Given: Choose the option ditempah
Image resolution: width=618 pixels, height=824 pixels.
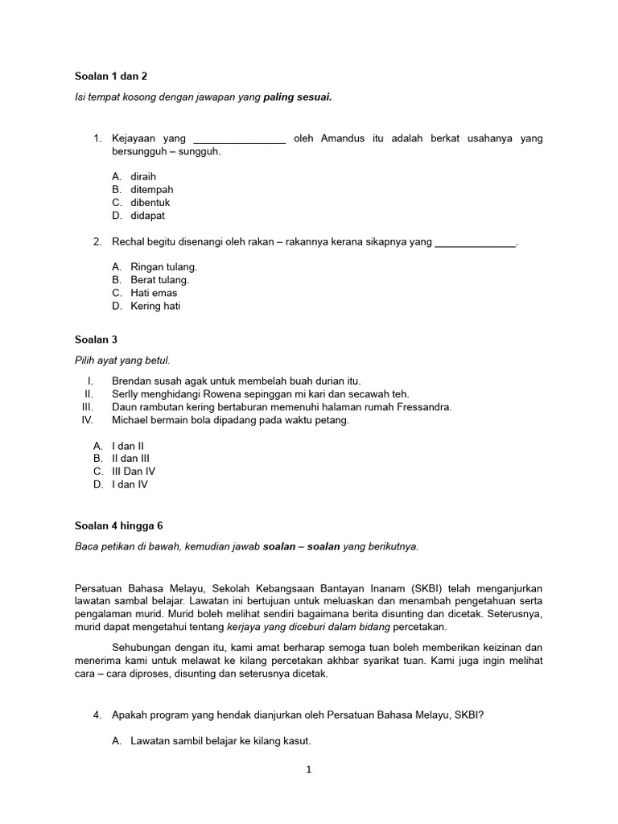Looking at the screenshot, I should coord(151,189).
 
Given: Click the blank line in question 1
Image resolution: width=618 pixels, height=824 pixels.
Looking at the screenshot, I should coord(240,139).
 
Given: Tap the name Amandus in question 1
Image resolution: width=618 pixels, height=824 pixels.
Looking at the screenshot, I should coord(342,138).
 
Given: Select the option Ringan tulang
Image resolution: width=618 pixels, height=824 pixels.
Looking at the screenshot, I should coord(163,266).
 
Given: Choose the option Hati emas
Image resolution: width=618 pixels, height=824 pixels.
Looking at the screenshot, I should coord(154,293).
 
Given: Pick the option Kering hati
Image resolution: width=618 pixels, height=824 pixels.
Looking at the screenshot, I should coord(155,306).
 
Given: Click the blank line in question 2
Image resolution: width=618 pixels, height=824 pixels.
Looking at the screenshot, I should coord(475,242).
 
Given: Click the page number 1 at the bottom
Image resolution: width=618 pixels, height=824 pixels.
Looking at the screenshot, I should coord(308,769).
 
